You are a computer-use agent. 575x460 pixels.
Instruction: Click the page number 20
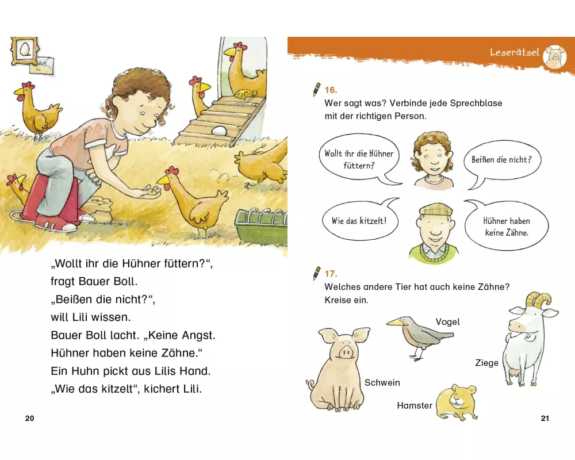click(29, 418)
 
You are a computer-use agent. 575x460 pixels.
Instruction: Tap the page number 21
click(545, 418)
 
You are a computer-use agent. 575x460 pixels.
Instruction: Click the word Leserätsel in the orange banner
click(515, 52)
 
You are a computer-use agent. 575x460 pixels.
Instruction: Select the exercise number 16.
click(331, 90)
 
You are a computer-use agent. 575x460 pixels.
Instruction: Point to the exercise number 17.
click(331, 274)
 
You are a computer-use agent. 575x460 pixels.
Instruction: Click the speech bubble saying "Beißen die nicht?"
click(502, 162)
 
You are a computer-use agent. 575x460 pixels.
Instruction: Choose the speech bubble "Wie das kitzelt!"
click(361, 220)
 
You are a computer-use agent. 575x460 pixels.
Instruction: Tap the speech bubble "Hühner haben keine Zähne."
click(507, 225)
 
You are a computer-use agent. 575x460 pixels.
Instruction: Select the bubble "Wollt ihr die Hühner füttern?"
click(359, 159)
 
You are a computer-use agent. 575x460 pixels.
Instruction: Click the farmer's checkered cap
click(436, 209)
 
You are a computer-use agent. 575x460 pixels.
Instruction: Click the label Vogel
click(447, 321)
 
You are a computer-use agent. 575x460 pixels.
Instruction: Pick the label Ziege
click(486, 363)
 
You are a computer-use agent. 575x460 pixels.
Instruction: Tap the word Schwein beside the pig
click(382, 382)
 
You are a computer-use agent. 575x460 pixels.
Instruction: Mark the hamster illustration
click(456, 402)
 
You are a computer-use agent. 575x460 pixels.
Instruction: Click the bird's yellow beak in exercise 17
click(394, 322)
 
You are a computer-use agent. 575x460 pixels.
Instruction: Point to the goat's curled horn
click(539, 300)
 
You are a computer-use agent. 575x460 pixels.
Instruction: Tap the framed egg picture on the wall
click(25, 51)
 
